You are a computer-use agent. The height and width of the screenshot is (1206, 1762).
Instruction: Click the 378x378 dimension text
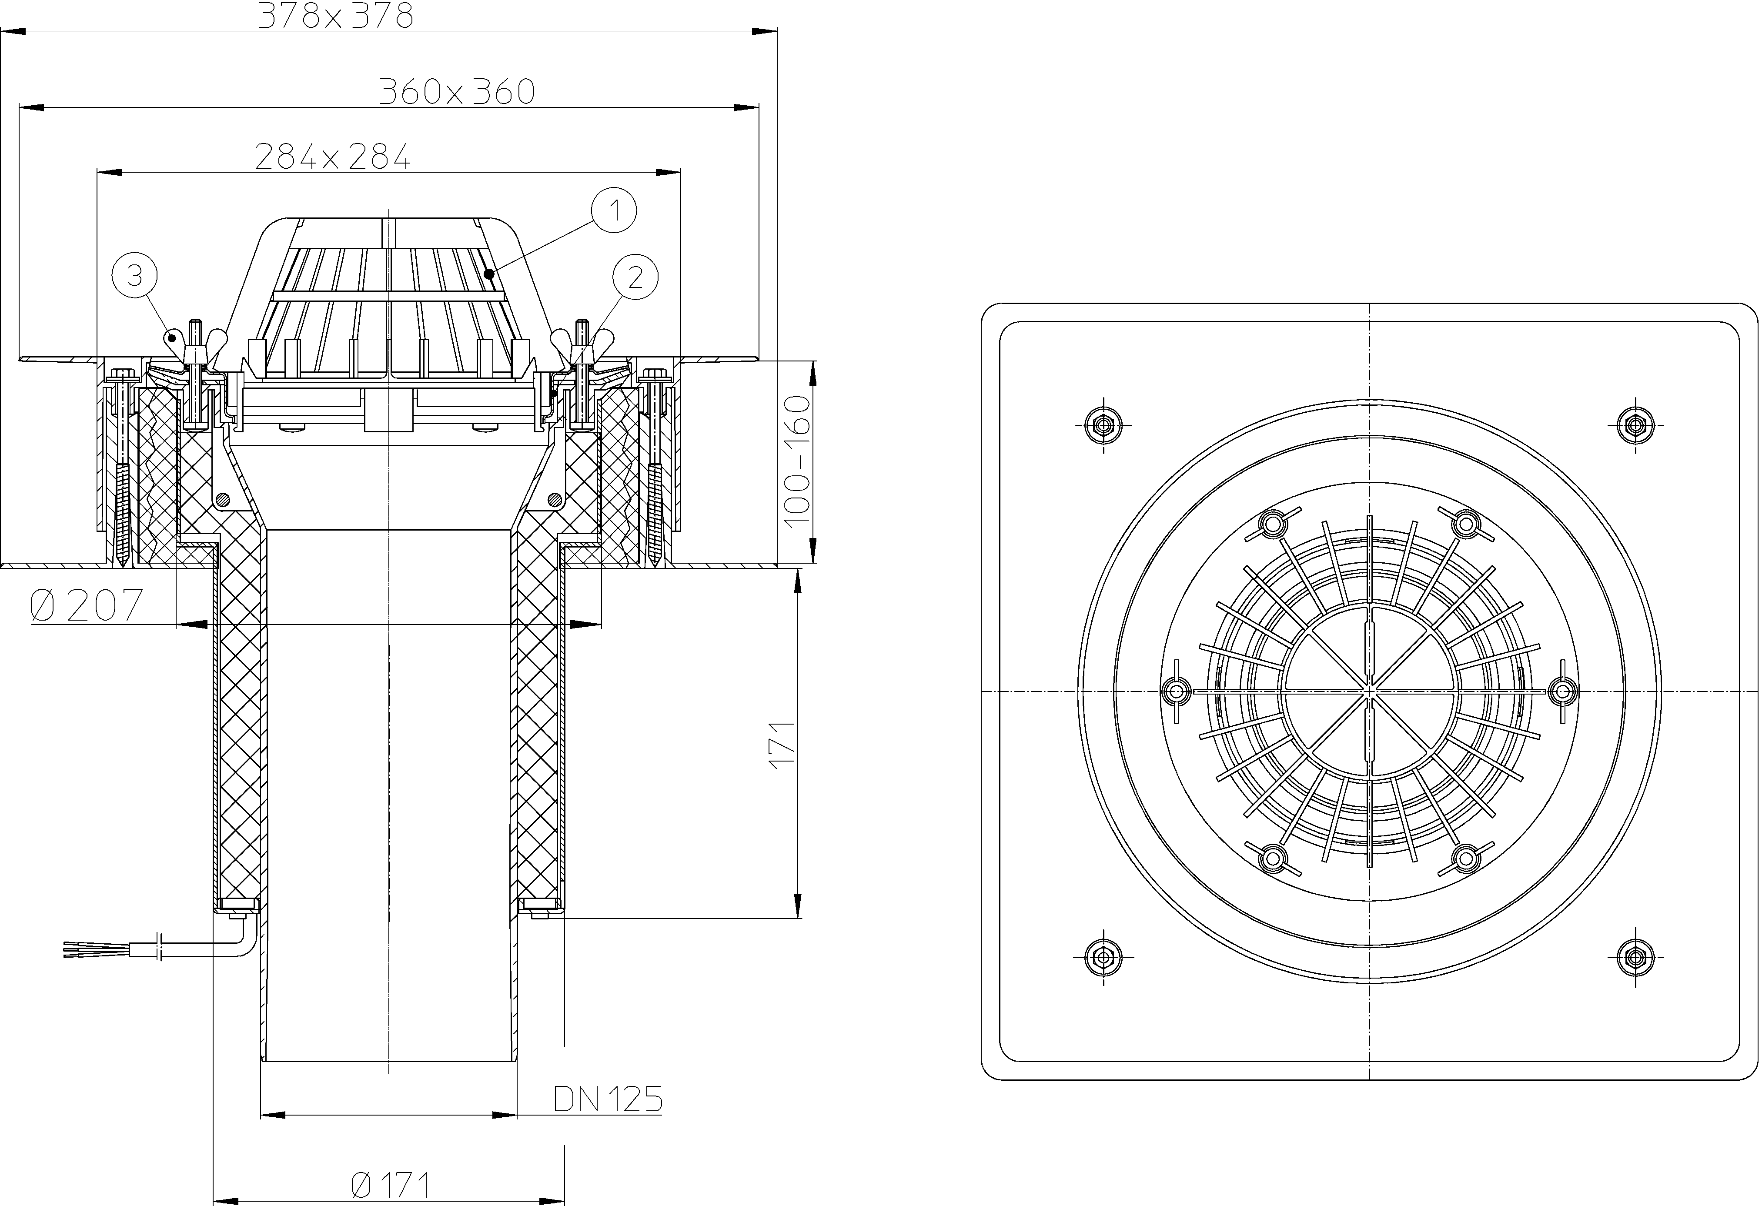pyautogui.click(x=336, y=15)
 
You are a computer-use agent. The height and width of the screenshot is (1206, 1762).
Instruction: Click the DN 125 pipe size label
pyautogui.click(x=608, y=1099)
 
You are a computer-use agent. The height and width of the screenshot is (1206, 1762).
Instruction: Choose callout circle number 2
pyautogui.click(x=635, y=277)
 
